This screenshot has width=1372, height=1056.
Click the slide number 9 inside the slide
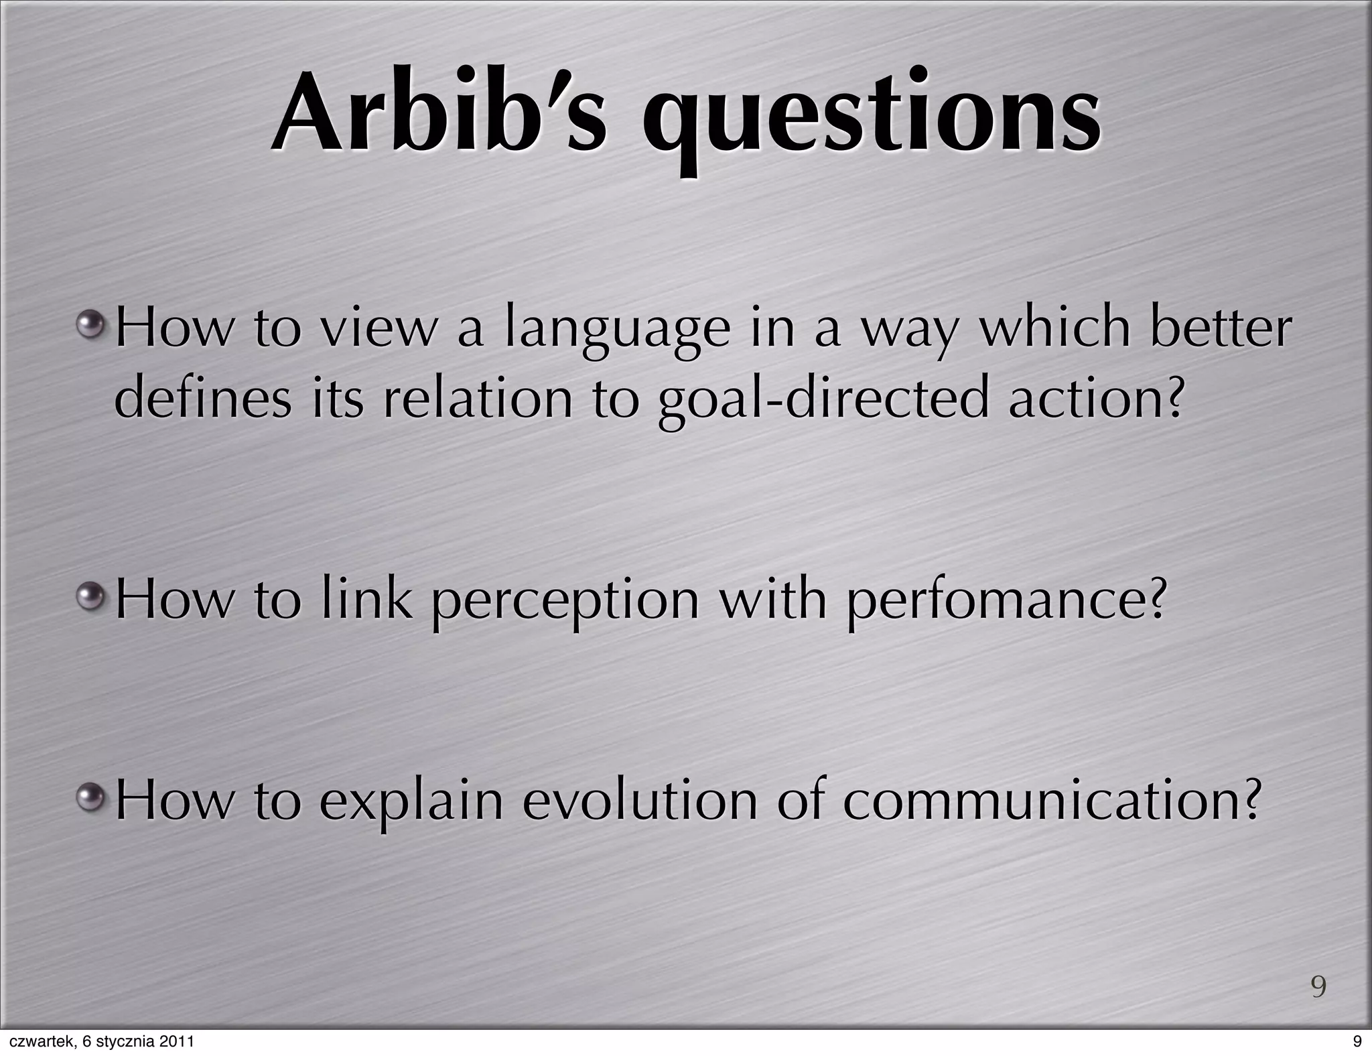1318,987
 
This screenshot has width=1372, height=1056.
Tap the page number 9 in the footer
1357,1042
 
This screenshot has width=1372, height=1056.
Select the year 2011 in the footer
178,1042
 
